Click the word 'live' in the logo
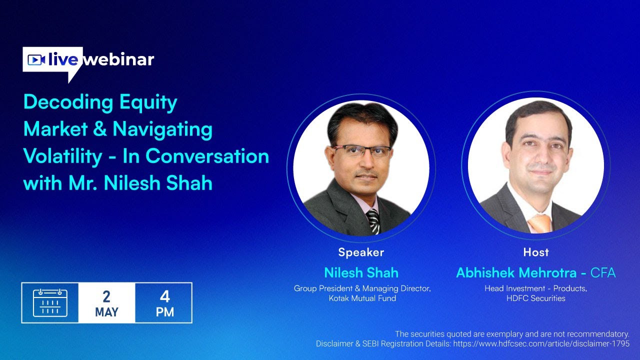(63, 60)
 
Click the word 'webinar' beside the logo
(119, 60)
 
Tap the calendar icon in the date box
(50, 302)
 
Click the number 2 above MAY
(106, 296)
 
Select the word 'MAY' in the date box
(106, 312)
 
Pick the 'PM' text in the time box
(164, 312)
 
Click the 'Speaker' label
(361, 252)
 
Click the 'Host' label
(536, 252)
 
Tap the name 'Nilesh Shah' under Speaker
(361, 272)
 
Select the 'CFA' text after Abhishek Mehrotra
(603, 273)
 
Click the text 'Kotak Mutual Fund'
(362, 298)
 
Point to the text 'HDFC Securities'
(536, 298)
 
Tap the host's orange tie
(540, 222)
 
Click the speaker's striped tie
(373, 221)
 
